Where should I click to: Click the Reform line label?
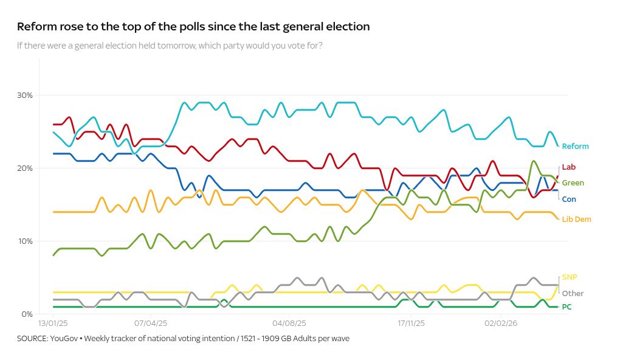(575, 147)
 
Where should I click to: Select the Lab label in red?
(568, 167)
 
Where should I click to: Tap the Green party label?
(573, 183)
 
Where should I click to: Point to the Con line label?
(568, 199)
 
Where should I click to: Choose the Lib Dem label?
(576, 220)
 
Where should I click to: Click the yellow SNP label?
(569, 277)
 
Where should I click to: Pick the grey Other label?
(573, 294)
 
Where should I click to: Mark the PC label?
(567, 307)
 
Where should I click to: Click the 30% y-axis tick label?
(25, 95)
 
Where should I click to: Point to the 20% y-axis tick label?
(25, 168)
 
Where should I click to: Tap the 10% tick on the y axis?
(25, 241)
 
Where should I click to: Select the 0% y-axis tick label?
(27, 314)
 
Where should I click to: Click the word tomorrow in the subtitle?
(175, 46)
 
